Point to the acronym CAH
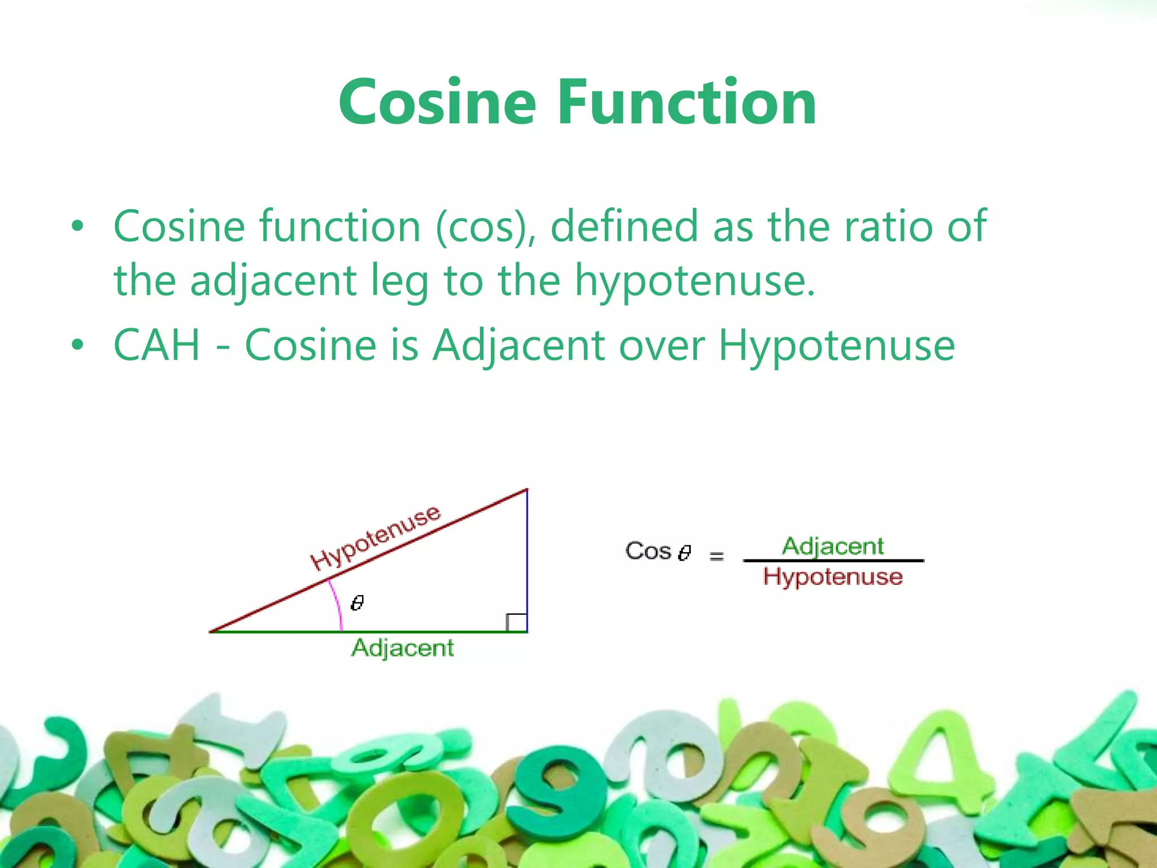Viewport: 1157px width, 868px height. pos(157,345)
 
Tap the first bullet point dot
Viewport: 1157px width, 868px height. pos(77,228)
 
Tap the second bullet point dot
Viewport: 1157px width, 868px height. pos(77,345)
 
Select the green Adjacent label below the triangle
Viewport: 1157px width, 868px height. pos(402,648)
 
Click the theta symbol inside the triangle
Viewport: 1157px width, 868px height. pos(357,603)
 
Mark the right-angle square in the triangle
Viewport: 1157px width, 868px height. pos(516,622)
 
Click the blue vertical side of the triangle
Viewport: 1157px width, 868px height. pos(527,559)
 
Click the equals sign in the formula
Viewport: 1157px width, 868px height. pos(716,556)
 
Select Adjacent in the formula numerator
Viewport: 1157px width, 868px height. pos(833,546)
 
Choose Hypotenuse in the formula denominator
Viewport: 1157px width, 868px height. pos(833,577)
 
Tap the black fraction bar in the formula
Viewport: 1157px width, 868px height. pos(833,561)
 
